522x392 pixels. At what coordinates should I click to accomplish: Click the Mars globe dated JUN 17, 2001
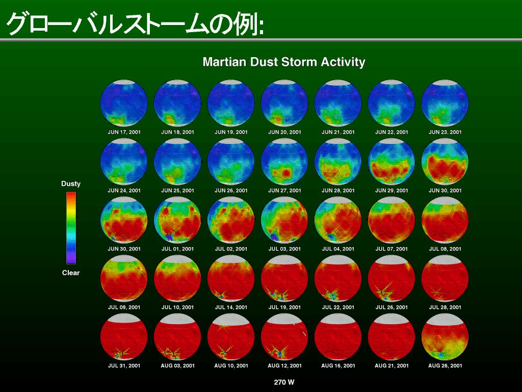click(124, 103)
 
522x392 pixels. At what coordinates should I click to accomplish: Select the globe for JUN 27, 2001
click(284, 162)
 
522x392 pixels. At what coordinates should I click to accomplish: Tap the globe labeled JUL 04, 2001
click(338, 220)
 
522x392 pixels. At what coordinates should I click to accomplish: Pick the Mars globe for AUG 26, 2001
click(445, 337)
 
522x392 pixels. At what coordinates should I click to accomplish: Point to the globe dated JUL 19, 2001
click(284, 278)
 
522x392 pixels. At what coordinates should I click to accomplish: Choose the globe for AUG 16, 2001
click(338, 337)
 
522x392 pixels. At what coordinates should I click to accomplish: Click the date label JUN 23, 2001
click(445, 132)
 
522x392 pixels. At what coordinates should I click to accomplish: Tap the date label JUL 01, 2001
click(177, 249)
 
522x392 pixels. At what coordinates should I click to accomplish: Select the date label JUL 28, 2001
click(445, 307)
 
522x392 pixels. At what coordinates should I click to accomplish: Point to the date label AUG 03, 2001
click(177, 365)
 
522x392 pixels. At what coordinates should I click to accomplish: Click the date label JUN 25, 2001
click(177, 191)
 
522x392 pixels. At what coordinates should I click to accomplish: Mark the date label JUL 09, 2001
click(124, 307)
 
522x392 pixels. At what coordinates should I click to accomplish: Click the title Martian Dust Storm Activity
click(283, 62)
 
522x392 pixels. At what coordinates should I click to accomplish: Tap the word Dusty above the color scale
click(71, 184)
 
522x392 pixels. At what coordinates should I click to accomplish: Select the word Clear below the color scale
click(71, 273)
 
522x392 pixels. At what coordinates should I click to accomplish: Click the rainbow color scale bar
click(71, 228)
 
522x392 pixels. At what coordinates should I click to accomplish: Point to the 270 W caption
click(284, 382)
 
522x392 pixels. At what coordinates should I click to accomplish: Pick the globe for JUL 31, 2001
click(124, 337)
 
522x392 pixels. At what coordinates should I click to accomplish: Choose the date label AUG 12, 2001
click(284, 365)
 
